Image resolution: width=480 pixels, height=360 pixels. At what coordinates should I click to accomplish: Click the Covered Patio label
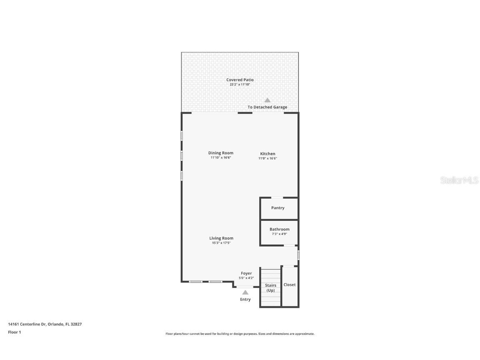tap(240, 80)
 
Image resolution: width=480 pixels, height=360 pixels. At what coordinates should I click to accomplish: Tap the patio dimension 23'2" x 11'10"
tap(240, 85)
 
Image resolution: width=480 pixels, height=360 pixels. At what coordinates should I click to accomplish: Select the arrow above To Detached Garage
tap(267, 100)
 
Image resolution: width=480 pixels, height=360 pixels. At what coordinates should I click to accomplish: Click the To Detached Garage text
tap(267, 107)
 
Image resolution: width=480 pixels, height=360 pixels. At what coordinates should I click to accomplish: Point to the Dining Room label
tap(221, 153)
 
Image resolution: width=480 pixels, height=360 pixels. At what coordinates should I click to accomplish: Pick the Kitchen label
tap(267, 154)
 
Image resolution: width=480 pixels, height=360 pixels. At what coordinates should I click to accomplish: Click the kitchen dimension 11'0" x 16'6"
tap(267, 158)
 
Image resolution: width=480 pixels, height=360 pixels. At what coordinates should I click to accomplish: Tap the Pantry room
tap(278, 208)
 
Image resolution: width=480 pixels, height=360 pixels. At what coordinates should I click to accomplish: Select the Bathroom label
tap(279, 229)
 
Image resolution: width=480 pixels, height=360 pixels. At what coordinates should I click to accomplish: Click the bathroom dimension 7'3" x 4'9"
tap(279, 234)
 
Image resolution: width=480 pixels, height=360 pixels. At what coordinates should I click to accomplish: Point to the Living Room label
tap(221, 238)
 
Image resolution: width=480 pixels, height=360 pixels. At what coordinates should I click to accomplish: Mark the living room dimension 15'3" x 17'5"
tap(221, 243)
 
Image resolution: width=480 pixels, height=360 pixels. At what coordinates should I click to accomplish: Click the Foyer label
tap(246, 273)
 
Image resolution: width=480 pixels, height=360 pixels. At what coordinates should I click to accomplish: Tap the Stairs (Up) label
tap(270, 288)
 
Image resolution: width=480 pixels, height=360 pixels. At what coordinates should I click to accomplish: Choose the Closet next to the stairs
tap(290, 285)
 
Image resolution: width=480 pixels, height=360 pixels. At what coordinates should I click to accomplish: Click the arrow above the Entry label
tap(245, 292)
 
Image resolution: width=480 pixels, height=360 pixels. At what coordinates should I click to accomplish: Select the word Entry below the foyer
tap(245, 300)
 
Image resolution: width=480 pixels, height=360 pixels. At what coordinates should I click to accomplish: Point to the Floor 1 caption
tap(14, 332)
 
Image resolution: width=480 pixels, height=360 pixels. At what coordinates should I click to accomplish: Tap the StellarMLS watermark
tap(460, 180)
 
